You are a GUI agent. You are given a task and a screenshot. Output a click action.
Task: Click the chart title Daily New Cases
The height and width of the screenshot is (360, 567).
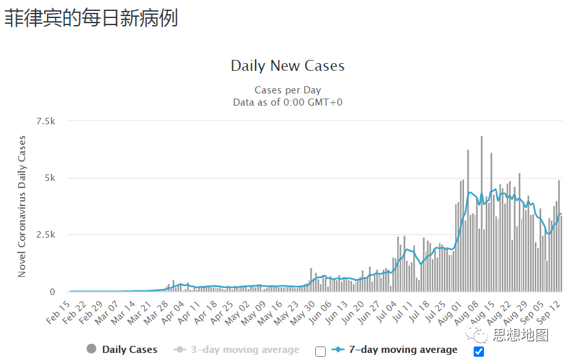(x=288, y=66)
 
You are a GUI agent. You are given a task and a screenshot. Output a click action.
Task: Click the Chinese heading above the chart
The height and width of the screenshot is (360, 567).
(x=91, y=18)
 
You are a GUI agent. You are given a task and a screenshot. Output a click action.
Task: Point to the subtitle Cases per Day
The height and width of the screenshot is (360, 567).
(x=288, y=90)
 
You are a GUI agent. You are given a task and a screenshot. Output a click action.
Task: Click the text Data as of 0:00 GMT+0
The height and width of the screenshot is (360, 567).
(x=288, y=102)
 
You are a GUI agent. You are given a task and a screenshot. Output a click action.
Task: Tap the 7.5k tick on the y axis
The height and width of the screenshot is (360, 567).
(x=46, y=121)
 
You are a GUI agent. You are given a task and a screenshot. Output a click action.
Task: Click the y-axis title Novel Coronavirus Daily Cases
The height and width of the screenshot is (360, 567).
(x=22, y=206)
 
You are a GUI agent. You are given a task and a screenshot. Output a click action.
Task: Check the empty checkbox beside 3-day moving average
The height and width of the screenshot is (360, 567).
(x=321, y=351)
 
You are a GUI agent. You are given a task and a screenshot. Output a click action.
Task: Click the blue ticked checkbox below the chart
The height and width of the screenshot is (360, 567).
(x=478, y=351)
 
